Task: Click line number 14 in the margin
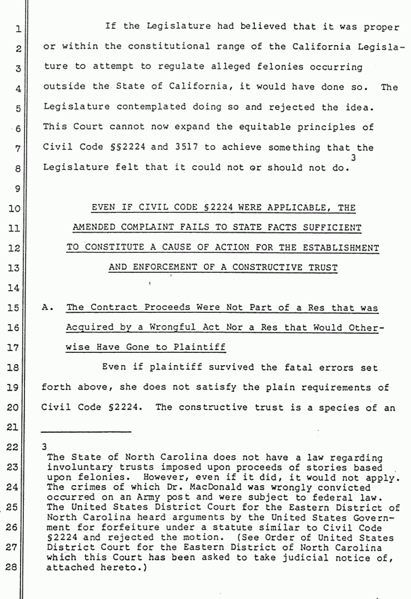[x=16, y=287]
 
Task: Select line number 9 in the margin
[x=17, y=189]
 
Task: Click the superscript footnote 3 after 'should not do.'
[x=353, y=158]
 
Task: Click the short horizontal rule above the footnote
[x=87, y=432]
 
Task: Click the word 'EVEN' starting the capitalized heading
[x=102, y=208]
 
